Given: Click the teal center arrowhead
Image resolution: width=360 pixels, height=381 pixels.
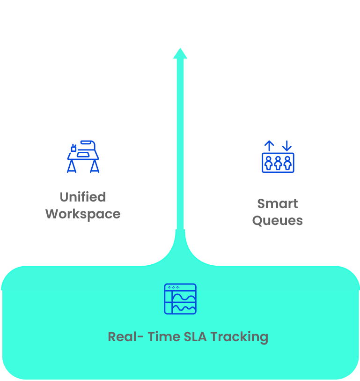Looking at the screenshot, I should point(180,53).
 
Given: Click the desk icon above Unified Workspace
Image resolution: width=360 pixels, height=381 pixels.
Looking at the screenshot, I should point(83,156).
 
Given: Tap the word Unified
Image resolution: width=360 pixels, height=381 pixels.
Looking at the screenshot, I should point(83,197).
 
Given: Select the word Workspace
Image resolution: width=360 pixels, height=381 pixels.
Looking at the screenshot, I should point(83,214).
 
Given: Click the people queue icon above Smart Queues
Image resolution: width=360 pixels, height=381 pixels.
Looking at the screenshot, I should point(278,157).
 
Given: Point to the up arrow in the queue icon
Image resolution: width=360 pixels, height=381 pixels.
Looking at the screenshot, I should point(269,146).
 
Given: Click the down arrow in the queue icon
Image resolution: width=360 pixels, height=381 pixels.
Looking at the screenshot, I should point(287,146).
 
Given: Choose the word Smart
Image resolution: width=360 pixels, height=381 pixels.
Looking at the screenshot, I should point(278,204).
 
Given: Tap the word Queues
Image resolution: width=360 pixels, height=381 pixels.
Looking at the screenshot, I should point(278,221).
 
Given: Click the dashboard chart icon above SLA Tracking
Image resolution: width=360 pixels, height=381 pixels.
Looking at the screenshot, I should point(180,299).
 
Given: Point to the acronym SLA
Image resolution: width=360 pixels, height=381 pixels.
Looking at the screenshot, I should point(197,336).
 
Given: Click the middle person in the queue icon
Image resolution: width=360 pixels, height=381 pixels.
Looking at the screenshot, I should point(278,162).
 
